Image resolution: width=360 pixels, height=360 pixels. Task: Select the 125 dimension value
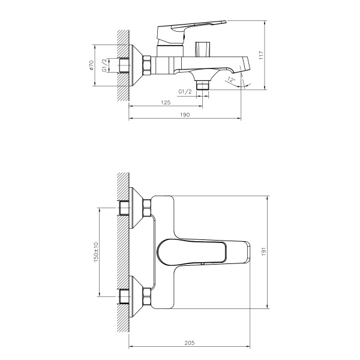click(x=166, y=103)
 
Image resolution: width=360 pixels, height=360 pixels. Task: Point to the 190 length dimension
click(x=185, y=115)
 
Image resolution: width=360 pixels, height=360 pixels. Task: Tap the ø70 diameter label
click(x=91, y=66)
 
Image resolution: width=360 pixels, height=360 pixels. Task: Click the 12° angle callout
click(x=232, y=79)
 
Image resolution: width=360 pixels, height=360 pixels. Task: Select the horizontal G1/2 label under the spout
click(x=185, y=91)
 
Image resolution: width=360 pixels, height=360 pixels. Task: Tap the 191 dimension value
click(x=260, y=251)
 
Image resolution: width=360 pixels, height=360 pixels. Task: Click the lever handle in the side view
click(x=186, y=28)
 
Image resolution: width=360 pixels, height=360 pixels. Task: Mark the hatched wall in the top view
click(x=123, y=252)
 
